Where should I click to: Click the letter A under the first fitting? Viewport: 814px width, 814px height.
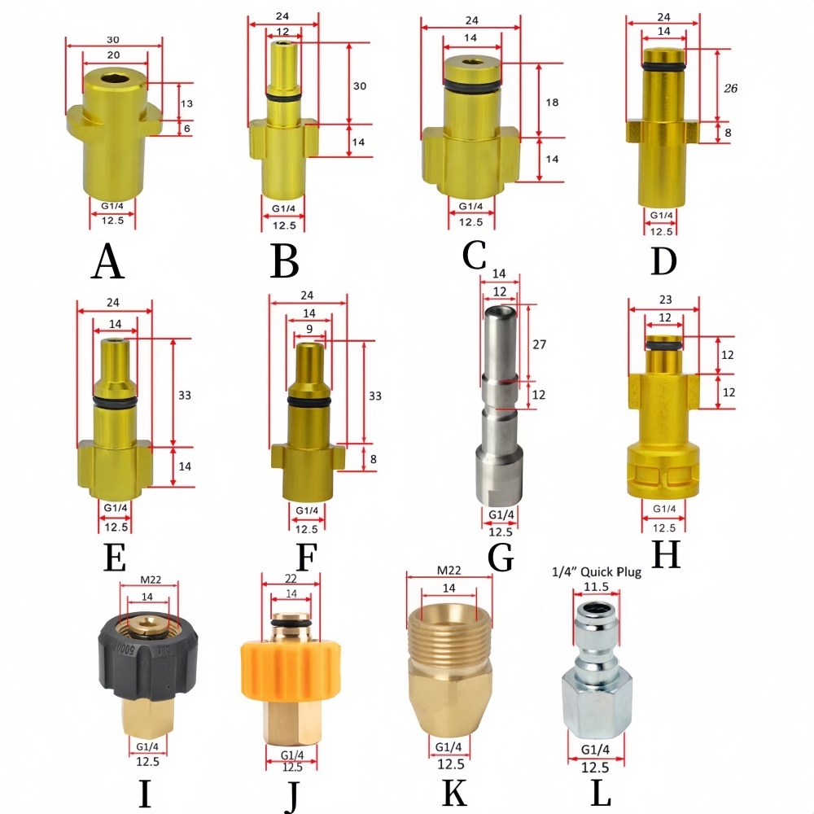pyautogui.click(x=107, y=261)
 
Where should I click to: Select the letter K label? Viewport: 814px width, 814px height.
pyautogui.click(x=453, y=792)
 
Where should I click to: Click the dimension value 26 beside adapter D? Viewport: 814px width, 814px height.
pyautogui.click(x=730, y=88)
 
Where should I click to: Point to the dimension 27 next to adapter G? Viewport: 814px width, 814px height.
pyautogui.click(x=540, y=344)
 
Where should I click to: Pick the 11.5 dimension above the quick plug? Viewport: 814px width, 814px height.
pyautogui.click(x=596, y=587)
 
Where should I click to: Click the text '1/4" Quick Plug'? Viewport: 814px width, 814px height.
pyautogui.click(x=597, y=572)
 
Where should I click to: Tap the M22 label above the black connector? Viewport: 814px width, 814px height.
pyautogui.click(x=151, y=580)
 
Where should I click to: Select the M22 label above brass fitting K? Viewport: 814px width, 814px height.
pyautogui.click(x=449, y=571)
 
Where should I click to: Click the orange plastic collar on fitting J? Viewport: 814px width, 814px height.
pyautogui.click(x=291, y=671)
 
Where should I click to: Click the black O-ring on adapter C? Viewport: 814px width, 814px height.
pyautogui.click(x=473, y=83)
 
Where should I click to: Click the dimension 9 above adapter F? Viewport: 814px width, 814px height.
pyautogui.click(x=309, y=329)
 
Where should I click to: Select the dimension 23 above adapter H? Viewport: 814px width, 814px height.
pyautogui.click(x=665, y=300)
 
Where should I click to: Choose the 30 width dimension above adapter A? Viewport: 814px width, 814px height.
pyautogui.click(x=112, y=39)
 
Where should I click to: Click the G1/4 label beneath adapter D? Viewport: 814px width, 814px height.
pyautogui.click(x=661, y=216)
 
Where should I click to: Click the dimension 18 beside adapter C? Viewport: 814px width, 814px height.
pyautogui.click(x=552, y=103)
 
